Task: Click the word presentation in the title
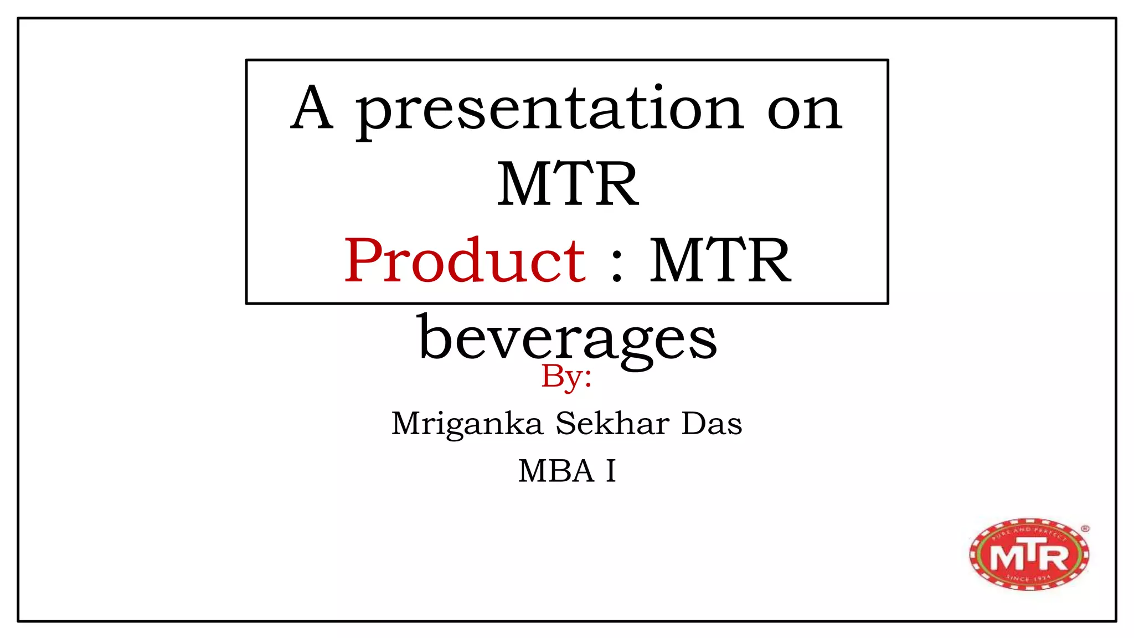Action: [x=548, y=111]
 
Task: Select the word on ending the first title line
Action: [x=805, y=111]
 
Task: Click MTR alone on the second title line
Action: [x=568, y=184]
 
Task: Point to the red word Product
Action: [x=465, y=260]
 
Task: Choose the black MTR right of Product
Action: [x=720, y=260]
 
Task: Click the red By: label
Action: [x=566, y=377]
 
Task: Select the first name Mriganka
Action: [x=467, y=424]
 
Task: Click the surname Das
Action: [x=712, y=424]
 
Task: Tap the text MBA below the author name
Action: [x=556, y=471]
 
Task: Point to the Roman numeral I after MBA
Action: [x=611, y=471]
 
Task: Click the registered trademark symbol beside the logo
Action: [x=1085, y=529]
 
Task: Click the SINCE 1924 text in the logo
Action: [x=1028, y=579]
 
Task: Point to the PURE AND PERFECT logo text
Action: [x=1029, y=533]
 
